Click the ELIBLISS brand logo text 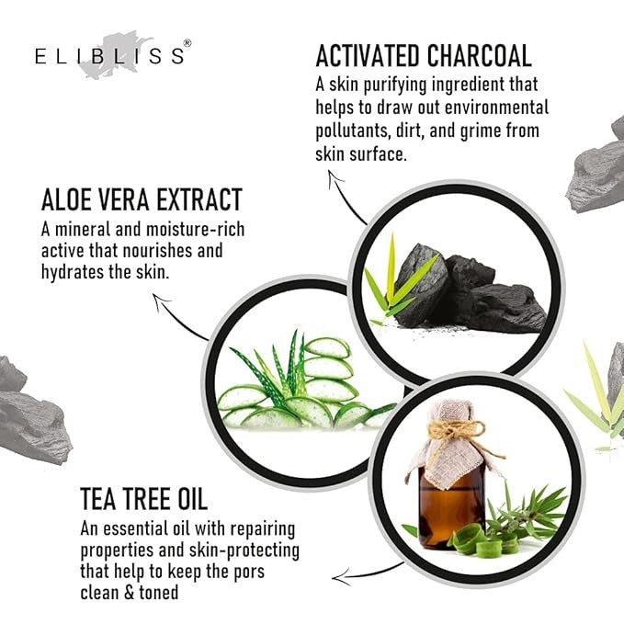110,56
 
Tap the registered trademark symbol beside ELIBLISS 187,43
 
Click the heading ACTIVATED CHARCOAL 424,56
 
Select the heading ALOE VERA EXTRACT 142,199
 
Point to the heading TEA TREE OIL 143,499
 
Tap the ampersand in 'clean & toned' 130,593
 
